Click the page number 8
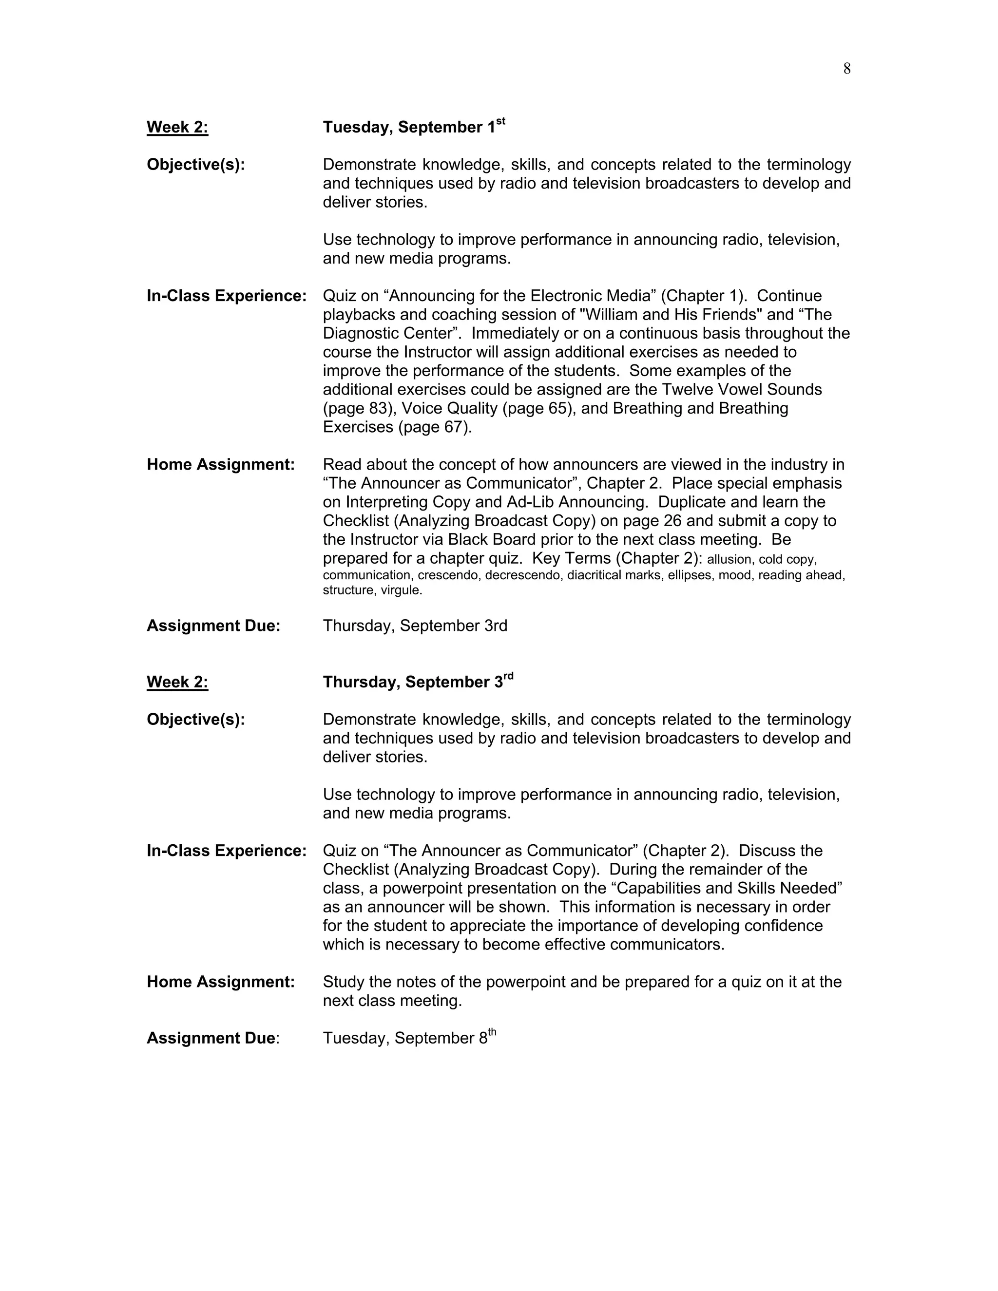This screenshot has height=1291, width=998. pos(846,69)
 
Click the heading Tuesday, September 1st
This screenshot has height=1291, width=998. pos(413,127)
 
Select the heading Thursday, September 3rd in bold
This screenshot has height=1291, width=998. pos(418,682)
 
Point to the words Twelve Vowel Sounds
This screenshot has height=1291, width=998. pos(741,390)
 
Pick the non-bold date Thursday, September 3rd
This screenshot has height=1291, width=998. pos(415,626)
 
